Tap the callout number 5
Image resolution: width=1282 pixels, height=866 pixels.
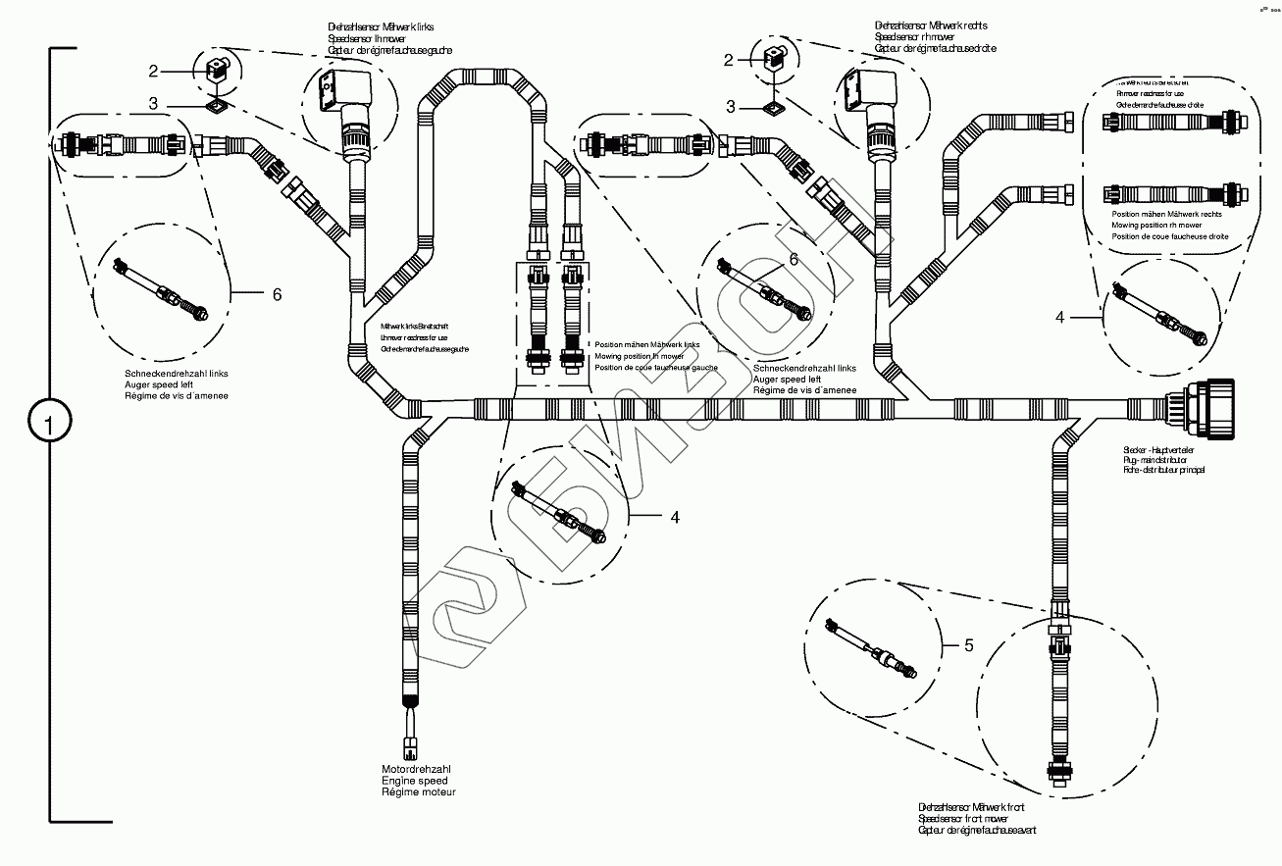pyautogui.click(x=969, y=644)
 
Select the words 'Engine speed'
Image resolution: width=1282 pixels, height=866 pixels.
pyautogui.click(x=415, y=781)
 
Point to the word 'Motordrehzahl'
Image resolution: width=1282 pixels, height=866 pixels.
pyautogui.click(x=416, y=769)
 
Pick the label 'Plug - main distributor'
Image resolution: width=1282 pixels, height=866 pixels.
pyautogui.click(x=1155, y=460)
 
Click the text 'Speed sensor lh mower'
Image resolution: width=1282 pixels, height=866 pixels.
pyautogui.click(x=368, y=38)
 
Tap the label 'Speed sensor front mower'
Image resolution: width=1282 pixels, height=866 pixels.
pyautogui.click(x=971, y=818)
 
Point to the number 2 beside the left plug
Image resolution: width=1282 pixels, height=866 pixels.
pyautogui.click(x=153, y=70)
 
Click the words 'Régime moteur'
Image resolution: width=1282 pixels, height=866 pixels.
pyautogui.click(x=419, y=791)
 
